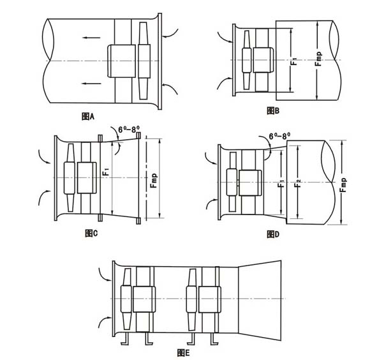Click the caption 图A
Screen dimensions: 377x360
point(88,116)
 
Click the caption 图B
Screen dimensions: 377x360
point(273,110)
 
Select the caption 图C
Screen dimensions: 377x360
point(91,233)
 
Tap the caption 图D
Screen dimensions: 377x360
point(273,234)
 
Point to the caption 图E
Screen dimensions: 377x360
point(183,353)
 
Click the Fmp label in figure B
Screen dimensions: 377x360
point(318,59)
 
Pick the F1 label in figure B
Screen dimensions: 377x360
point(293,61)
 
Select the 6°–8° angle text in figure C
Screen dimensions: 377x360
point(129,130)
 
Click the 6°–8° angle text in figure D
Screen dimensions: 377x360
point(279,136)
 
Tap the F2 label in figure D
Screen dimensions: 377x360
point(297,183)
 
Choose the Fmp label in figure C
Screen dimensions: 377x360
point(153,181)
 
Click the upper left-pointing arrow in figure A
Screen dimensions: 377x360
point(91,38)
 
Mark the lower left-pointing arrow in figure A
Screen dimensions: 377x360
point(91,84)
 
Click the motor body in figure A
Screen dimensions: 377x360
point(121,61)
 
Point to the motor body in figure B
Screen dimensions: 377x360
point(263,59)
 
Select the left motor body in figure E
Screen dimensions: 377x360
point(144,299)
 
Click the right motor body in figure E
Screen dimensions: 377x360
point(210,299)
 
